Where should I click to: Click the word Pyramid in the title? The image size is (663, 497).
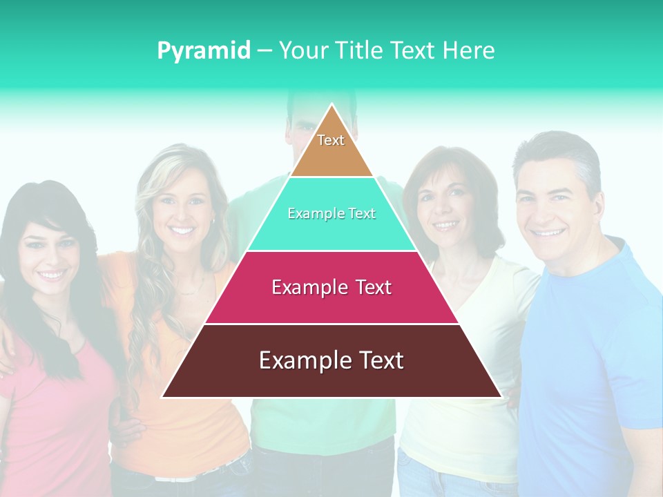pos(204,51)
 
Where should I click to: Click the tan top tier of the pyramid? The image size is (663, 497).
pos(331,156)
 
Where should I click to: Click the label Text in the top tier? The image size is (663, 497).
pos(331,140)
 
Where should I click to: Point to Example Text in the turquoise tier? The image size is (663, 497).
pos(331,213)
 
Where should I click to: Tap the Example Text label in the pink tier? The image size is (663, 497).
pos(331,287)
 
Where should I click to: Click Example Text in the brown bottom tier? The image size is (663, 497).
pos(331,360)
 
